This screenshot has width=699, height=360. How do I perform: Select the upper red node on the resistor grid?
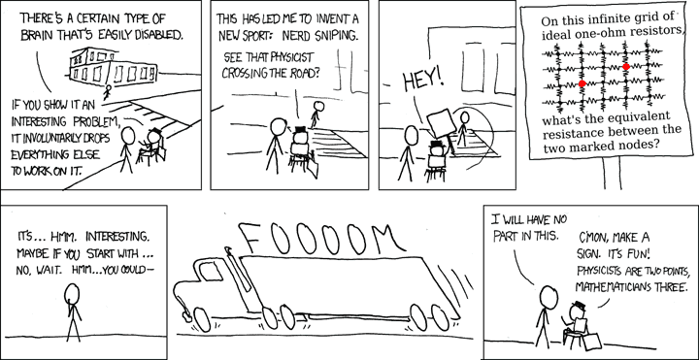tap(626, 67)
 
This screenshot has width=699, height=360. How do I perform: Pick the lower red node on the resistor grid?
tap(582, 83)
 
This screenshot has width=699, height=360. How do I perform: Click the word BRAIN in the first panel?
tap(34, 36)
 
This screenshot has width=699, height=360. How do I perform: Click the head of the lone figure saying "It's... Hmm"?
tap(72, 294)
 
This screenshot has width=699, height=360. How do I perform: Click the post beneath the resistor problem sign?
tap(612, 174)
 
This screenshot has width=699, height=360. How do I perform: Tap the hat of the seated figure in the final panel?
tap(579, 306)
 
